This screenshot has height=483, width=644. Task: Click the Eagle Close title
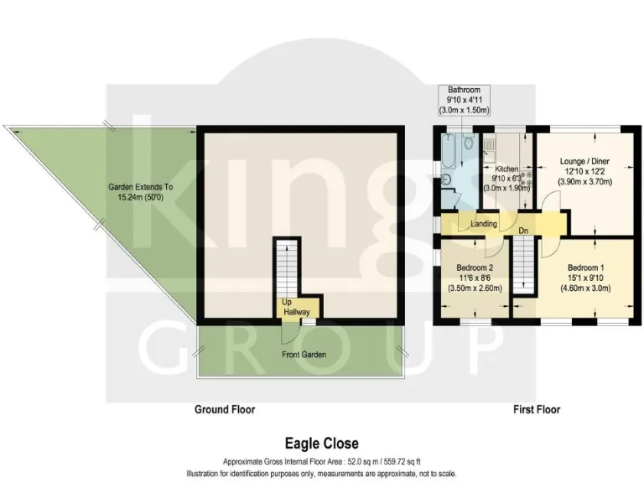(x=321, y=443)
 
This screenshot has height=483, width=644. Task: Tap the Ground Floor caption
(x=224, y=410)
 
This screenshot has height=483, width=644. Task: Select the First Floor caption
(x=537, y=410)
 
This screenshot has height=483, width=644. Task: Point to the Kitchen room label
(x=508, y=169)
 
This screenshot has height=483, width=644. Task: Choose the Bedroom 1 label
(x=585, y=267)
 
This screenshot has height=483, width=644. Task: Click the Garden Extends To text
(x=141, y=187)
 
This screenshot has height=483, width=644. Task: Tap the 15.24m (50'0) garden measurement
(x=141, y=198)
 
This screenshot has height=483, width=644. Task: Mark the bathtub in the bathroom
(x=447, y=154)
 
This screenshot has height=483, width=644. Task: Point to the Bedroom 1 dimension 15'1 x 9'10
(x=585, y=278)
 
